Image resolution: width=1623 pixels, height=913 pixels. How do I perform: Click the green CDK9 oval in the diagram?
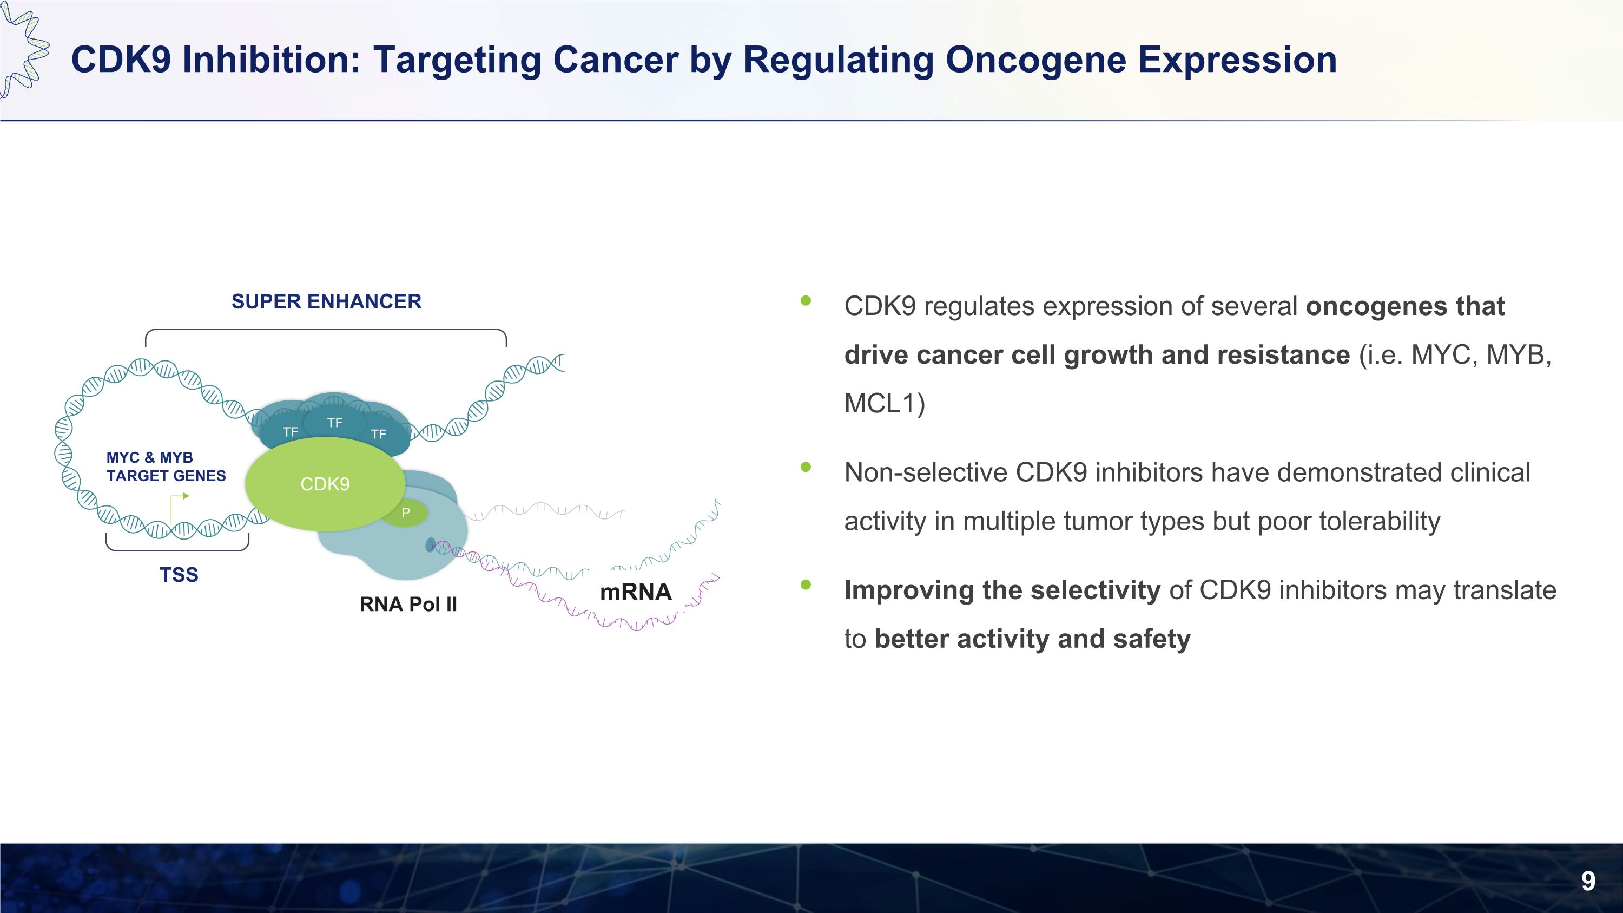pos(325,484)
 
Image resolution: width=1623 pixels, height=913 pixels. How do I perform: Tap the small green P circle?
pos(406,513)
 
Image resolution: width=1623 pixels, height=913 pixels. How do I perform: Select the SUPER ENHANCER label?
pos(326,302)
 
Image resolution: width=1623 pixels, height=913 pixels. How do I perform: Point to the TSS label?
pos(179,575)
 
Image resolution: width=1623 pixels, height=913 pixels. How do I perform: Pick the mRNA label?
pos(636,592)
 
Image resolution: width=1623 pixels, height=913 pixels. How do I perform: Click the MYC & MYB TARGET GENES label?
pos(166,467)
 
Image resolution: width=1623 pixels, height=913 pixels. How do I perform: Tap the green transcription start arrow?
pos(180,507)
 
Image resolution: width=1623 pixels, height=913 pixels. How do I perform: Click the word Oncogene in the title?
pos(1035,61)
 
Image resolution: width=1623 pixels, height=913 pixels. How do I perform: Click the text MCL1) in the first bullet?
pos(885,404)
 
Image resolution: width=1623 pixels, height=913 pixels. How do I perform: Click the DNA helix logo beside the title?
pos(23,50)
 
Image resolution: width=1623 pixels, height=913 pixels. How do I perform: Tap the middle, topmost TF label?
pos(334,423)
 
